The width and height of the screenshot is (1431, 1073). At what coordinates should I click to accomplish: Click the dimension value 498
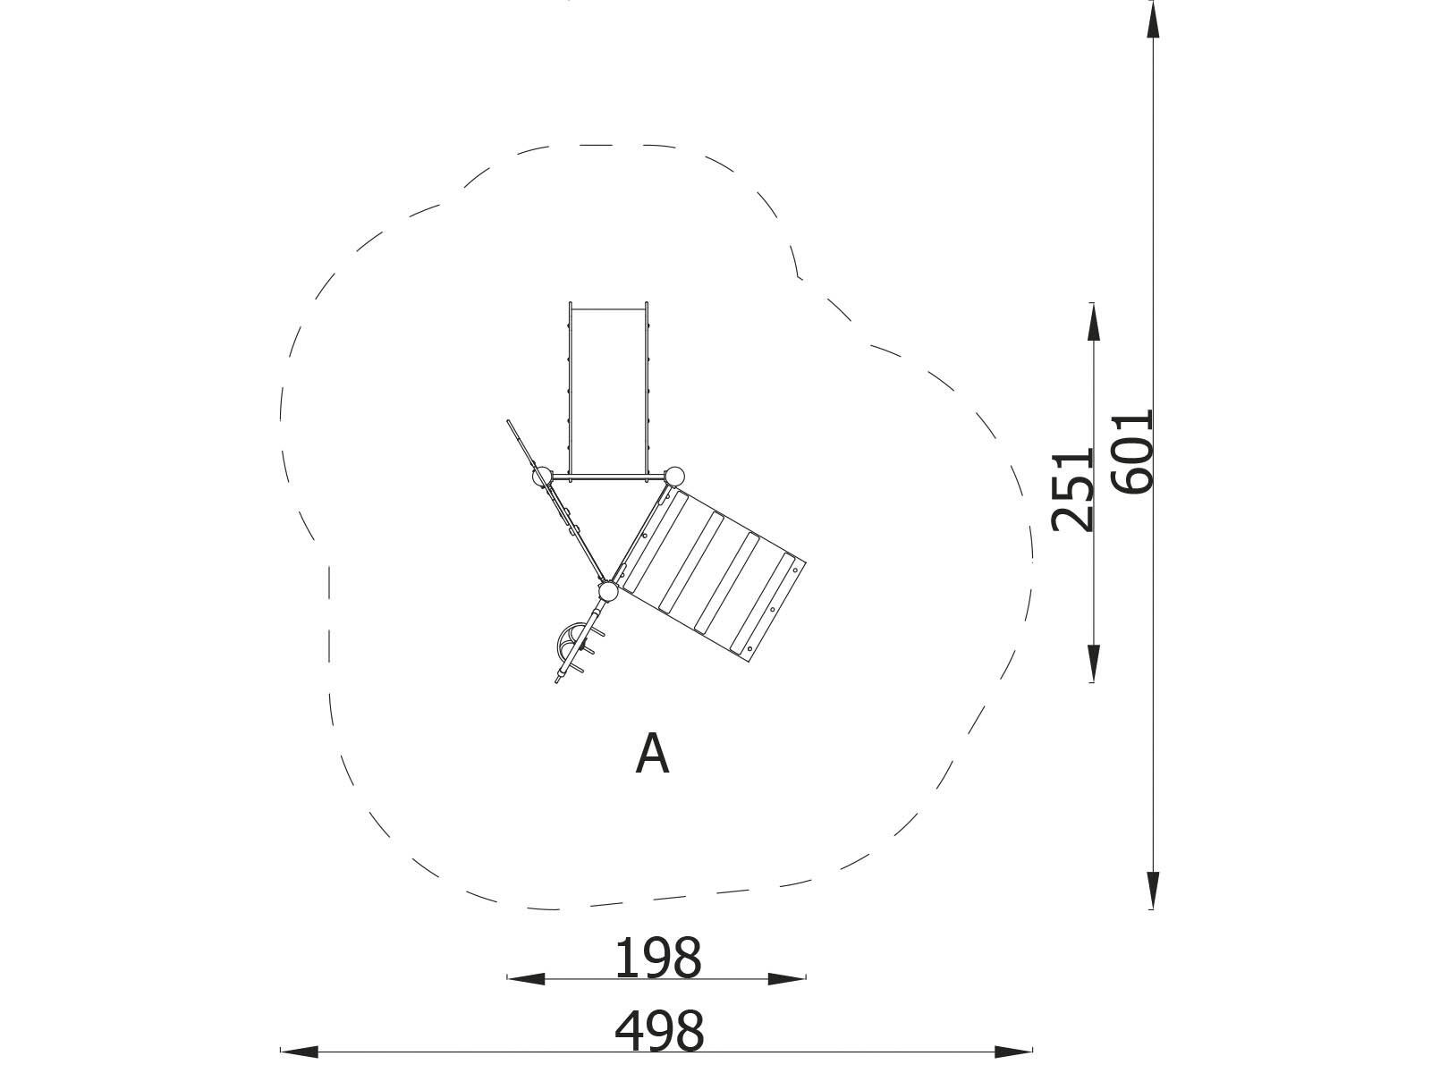tap(659, 1031)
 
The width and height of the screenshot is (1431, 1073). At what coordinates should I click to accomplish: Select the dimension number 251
tap(1072, 490)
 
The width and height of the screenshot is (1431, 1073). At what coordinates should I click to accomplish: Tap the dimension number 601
tap(1131, 451)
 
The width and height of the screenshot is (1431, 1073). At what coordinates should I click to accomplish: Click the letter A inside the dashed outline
tap(652, 754)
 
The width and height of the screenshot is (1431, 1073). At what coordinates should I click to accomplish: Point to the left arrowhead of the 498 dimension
tap(300, 1052)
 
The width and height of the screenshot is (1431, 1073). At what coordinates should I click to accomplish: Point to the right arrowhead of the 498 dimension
tap(1013, 1052)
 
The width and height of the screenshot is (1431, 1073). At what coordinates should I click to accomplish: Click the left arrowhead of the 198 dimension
tap(526, 978)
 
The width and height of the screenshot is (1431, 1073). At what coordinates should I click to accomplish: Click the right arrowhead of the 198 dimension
tap(787, 978)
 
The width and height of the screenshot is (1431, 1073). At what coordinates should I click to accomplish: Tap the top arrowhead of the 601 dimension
tap(1153, 21)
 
